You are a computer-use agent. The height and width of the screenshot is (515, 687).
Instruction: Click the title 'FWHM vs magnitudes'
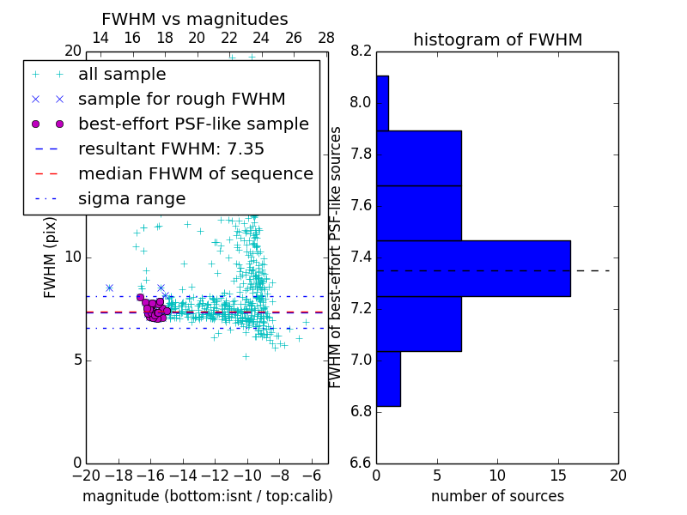click(x=195, y=19)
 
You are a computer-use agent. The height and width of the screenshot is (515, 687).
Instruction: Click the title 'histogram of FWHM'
click(x=497, y=39)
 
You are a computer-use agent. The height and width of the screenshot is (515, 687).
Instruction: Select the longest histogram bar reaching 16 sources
click(x=473, y=269)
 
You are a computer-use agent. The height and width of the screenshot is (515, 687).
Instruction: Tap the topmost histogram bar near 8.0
click(x=382, y=103)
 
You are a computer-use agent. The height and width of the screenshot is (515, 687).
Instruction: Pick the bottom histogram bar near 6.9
click(x=388, y=379)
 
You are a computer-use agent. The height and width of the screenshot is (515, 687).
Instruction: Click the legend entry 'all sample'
click(x=122, y=75)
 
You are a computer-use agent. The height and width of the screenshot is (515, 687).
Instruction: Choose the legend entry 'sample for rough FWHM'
click(x=181, y=99)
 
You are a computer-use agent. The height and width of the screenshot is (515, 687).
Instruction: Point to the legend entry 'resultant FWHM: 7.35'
click(x=171, y=148)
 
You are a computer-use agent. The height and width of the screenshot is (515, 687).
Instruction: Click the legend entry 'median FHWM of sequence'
click(x=195, y=173)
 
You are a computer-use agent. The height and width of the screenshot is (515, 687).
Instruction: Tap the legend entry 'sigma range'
click(x=131, y=198)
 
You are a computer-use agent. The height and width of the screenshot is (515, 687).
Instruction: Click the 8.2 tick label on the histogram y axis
click(x=361, y=51)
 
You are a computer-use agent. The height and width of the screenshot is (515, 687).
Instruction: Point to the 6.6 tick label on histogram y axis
click(x=361, y=463)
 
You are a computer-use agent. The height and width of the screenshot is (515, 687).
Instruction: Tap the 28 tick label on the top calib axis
click(x=326, y=38)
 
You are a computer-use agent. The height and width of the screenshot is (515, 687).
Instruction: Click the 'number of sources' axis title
click(x=497, y=496)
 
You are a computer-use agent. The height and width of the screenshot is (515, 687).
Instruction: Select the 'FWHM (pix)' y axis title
click(x=51, y=257)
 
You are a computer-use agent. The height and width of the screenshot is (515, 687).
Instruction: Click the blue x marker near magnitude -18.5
click(x=109, y=288)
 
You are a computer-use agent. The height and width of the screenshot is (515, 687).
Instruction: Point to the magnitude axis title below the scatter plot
click(x=207, y=496)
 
